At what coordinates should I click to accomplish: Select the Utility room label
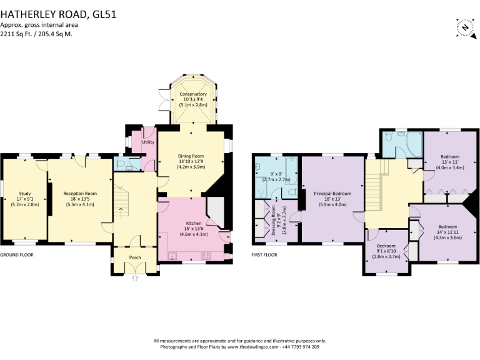(x=148, y=142)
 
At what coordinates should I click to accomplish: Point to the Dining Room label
(x=193, y=156)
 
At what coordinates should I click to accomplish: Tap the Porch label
(x=135, y=257)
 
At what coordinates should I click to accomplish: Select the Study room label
(x=25, y=194)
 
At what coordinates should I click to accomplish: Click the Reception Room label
(x=80, y=194)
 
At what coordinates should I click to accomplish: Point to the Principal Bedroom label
(x=332, y=194)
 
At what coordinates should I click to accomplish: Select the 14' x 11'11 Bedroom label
(x=447, y=226)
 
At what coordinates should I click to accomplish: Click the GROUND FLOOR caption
(x=17, y=255)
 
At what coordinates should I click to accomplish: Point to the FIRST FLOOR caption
(x=265, y=255)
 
